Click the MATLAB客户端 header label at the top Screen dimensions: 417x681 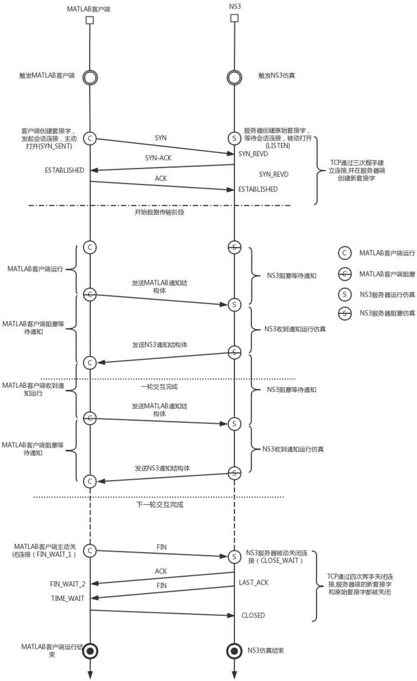89,9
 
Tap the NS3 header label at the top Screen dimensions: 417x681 235,7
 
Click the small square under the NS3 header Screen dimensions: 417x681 235,18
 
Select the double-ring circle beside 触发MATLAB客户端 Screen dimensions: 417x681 90,78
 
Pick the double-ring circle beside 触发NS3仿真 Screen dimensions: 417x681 235,78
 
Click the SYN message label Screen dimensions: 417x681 161,138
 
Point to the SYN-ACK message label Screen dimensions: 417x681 158,158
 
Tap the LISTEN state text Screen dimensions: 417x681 278,146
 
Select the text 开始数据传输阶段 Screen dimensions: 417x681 160,212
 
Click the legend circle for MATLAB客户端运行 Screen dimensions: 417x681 345,253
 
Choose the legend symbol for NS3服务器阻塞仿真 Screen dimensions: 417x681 345,313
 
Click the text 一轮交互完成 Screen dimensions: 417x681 160,387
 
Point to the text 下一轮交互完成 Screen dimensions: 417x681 160,505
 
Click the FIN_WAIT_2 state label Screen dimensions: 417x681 67,584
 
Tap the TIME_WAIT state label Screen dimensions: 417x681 67,598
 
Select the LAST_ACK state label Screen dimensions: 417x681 254,583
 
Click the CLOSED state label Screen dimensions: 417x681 253,615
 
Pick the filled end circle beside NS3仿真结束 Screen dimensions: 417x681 235,651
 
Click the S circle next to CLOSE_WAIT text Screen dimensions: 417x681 235,557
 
